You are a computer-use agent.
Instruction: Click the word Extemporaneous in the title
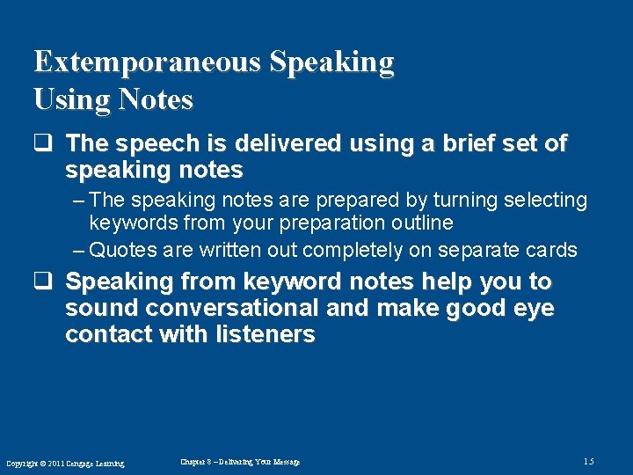(148, 63)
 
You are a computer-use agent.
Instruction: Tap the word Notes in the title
(152, 100)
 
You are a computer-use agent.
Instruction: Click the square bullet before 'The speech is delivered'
(42, 142)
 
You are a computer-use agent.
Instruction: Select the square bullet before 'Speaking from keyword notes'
(42, 281)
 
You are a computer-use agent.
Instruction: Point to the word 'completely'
(352, 251)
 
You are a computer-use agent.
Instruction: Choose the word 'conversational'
(231, 308)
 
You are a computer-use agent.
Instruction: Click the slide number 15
(587, 461)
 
